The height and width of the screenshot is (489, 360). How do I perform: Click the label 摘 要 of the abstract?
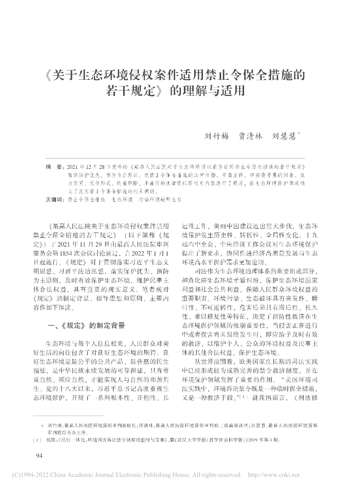click(52, 167)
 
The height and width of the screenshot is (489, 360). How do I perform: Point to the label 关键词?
click(54, 200)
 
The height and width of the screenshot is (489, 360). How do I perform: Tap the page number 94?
click(41, 456)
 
